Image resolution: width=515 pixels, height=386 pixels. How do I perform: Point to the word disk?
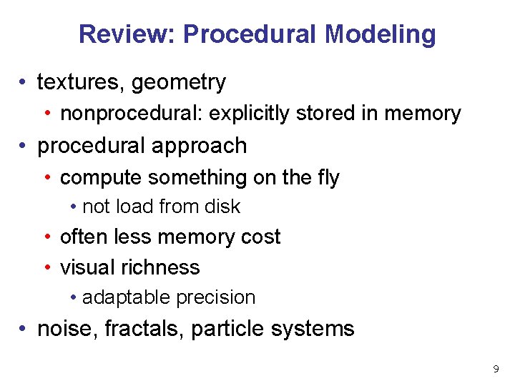pos(223,207)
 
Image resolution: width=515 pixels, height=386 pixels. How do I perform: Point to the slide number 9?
pos(496,370)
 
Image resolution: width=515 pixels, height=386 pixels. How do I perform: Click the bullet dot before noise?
pos(24,330)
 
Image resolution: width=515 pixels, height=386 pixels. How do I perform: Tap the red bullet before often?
pos(47,237)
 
